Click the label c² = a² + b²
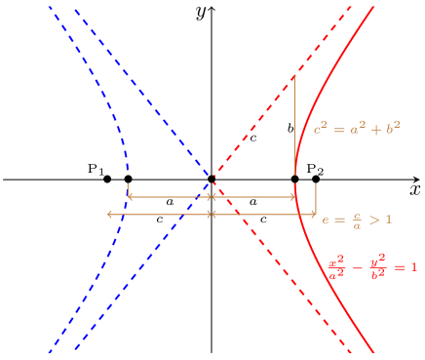click(357, 128)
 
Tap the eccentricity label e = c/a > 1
click(357, 220)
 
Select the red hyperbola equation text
click(371, 267)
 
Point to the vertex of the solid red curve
click(295, 176)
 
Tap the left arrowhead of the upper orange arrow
click(129, 197)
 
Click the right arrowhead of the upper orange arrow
click(294, 197)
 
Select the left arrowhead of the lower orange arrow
click(108, 214)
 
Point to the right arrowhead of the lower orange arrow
click(315, 214)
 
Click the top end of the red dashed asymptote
click(351, 7)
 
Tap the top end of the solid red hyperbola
click(374, 6)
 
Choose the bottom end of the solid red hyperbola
click(373, 350)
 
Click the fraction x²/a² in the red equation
click(336, 268)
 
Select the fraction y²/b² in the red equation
click(377, 268)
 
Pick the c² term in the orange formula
click(319, 128)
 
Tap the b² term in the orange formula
click(393, 128)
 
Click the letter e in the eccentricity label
click(327, 220)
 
